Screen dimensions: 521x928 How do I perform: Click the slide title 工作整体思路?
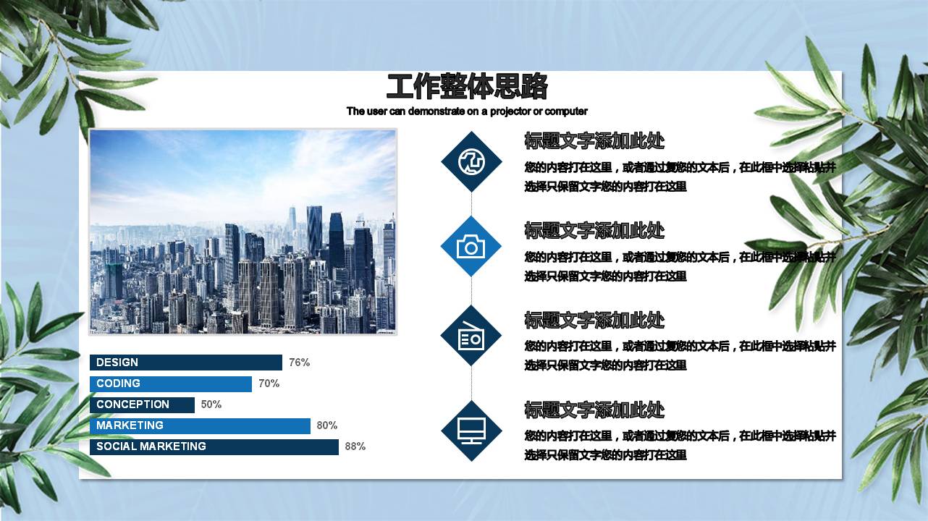click(x=467, y=87)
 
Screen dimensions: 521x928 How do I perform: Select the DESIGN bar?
click(x=186, y=363)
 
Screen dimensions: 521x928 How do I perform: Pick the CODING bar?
click(x=171, y=384)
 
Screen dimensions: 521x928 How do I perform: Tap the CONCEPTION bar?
click(x=142, y=404)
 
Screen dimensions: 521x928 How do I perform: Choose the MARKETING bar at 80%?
click(x=200, y=425)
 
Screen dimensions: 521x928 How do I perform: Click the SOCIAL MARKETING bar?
click(x=214, y=446)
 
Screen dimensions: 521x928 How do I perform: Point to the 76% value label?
click(x=299, y=363)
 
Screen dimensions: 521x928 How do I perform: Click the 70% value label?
click(x=269, y=384)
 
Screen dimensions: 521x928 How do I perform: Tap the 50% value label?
click(x=211, y=404)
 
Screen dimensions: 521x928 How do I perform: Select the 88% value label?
click(x=355, y=446)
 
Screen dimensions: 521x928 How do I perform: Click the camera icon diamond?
click(x=471, y=247)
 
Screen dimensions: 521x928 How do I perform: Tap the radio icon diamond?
click(x=471, y=336)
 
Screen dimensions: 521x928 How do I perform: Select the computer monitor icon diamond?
click(x=471, y=431)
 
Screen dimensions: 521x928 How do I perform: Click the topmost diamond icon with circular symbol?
click(x=471, y=161)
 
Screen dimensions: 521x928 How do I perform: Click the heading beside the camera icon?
click(x=594, y=231)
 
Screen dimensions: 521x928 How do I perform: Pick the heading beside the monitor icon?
click(x=594, y=410)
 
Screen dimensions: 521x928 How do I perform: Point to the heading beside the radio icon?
click(x=594, y=321)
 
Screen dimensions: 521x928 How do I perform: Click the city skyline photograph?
click(x=242, y=232)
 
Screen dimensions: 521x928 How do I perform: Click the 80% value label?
click(x=327, y=425)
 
